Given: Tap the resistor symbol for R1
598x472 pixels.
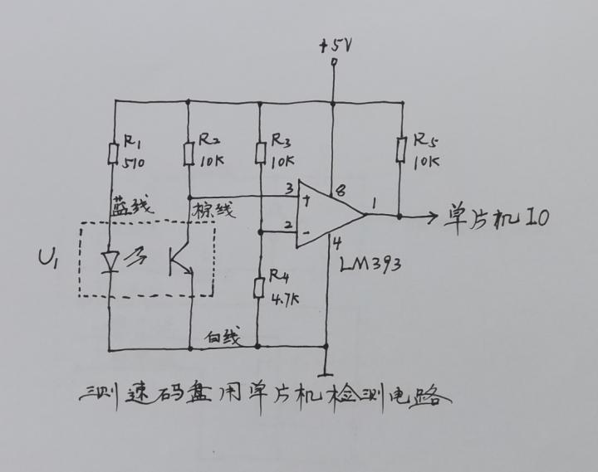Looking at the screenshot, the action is point(113,153).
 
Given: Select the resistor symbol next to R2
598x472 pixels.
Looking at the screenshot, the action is point(189,154).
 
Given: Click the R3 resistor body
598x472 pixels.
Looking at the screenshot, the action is point(261,153).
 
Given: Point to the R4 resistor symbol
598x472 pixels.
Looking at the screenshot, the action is point(259,288).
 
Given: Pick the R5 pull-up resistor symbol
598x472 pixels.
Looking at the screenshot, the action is point(400,150).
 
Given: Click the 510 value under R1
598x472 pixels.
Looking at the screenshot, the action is point(134,163).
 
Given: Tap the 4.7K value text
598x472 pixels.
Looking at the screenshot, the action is point(285,299).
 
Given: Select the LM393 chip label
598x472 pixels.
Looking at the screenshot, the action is point(370,265).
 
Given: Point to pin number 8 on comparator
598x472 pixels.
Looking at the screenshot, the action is point(341,190).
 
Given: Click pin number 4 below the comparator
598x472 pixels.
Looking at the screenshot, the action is point(337,244).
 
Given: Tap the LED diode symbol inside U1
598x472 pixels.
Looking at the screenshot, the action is point(110,262).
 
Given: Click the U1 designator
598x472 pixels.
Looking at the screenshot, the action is point(47,258).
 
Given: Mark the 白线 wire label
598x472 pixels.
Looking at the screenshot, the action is point(223,337).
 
